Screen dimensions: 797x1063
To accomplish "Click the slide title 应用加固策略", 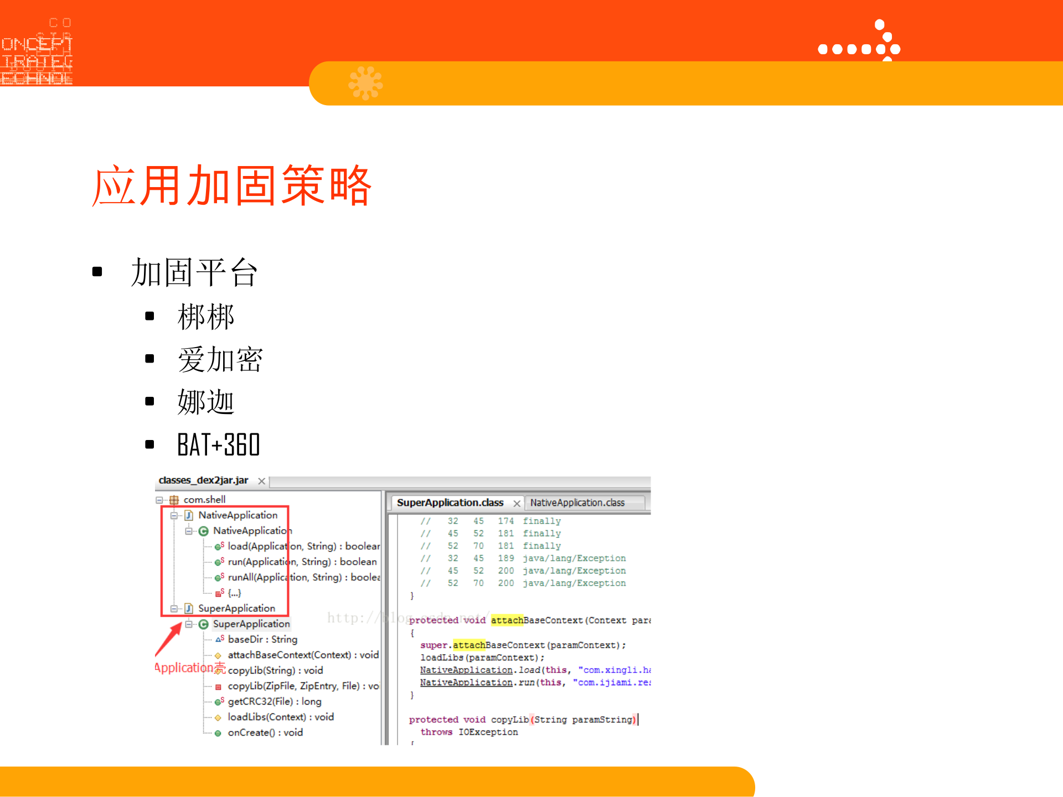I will [x=232, y=185].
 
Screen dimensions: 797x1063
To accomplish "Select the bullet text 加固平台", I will [x=194, y=272].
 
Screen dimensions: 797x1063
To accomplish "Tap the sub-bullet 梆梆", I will [x=206, y=317].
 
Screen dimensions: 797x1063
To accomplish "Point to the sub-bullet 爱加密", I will [x=220, y=359].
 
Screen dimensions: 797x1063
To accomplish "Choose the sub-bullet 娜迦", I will [x=206, y=402].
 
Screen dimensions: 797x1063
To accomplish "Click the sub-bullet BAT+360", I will [x=218, y=445].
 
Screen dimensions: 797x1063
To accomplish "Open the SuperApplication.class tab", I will [x=450, y=503].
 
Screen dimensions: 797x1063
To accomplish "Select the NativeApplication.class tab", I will [x=577, y=503].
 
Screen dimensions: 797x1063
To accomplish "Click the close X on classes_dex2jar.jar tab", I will [x=261, y=481].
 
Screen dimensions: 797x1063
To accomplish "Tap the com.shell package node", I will [x=204, y=500].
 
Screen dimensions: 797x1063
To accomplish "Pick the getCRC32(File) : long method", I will [x=274, y=701].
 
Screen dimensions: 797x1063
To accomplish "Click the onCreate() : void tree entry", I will [x=265, y=732].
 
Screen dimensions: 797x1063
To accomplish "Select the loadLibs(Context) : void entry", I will [x=280, y=717].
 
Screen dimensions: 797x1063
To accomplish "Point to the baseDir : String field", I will [x=262, y=639].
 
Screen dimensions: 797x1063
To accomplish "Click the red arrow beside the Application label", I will [x=168, y=639].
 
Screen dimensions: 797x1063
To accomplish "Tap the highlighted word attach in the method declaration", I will [x=507, y=620].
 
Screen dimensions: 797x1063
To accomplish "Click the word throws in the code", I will [x=436, y=732].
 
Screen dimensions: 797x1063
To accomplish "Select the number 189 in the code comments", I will [x=505, y=558].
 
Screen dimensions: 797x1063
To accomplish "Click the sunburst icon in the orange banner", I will [x=365, y=83].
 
